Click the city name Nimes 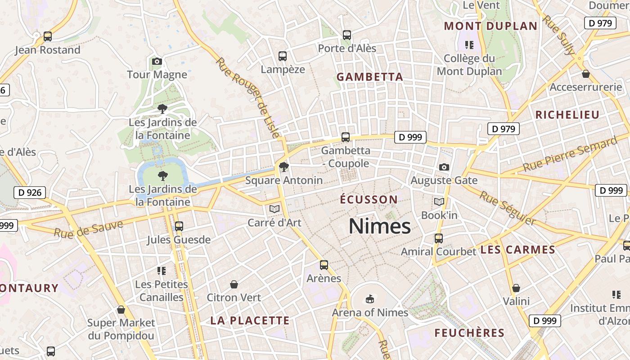tap(380, 226)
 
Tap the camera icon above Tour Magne tap(157, 61)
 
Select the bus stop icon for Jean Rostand tap(48, 36)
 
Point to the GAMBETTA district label tap(370, 77)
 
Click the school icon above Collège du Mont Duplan tap(469, 45)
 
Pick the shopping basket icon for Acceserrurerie tap(585, 74)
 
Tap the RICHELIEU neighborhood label tap(567, 115)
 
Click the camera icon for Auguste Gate tap(444, 167)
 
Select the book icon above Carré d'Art tap(274, 209)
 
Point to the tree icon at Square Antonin tap(283, 167)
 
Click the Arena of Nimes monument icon tap(370, 299)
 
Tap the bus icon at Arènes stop tap(324, 265)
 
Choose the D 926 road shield tap(30, 193)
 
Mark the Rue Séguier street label tap(507, 208)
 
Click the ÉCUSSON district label tap(369, 199)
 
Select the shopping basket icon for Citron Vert tap(234, 284)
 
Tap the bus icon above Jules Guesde tap(179, 226)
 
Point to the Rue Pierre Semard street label tap(570, 155)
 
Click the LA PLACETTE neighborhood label tap(250, 320)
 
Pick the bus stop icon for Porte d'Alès tap(346, 35)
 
